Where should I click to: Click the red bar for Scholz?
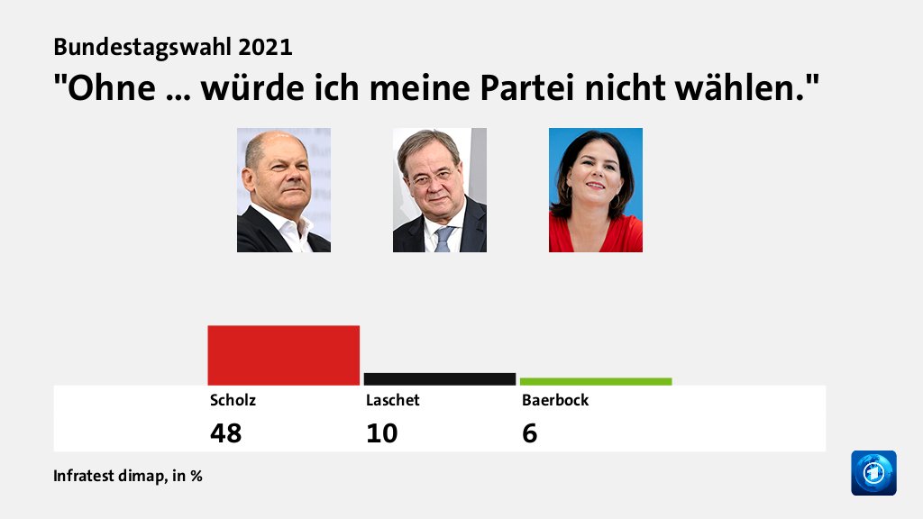click(x=283, y=355)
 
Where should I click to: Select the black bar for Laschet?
click(x=439, y=378)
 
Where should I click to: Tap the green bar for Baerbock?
click(x=595, y=381)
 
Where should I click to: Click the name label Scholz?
click(x=226, y=400)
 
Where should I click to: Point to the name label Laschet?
click(x=392, y=400)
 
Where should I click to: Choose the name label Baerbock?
click(x=555, y=400)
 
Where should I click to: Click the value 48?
click(x=225, y=433)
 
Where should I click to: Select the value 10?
click(x=381, y=433)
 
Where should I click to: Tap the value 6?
click(x=529, y=433)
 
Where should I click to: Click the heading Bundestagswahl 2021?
click(x=173, y=47)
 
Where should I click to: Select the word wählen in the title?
click(x=742, y=88)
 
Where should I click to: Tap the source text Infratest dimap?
click(x=108, y=476)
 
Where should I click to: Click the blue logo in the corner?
click(x=873, y=473)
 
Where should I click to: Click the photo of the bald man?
click(x=284, y=190)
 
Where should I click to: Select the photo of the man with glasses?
click(x=440, y=190)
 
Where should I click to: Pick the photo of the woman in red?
click(x=596, y=190)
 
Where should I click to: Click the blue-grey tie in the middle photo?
click(x=443, y=239)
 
